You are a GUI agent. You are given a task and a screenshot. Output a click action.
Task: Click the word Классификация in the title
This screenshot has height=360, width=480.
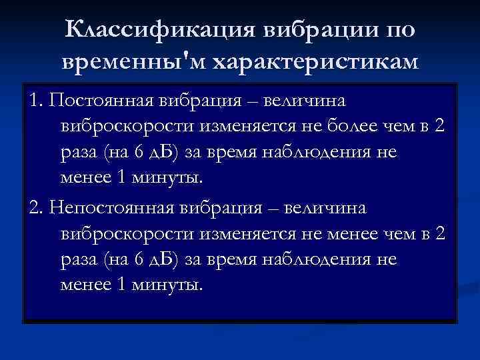click(x=161, y=31)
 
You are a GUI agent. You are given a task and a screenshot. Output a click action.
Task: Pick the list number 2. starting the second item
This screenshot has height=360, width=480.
click(x=36, y=208)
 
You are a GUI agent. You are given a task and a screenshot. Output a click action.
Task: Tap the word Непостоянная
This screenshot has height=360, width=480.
click(x=109, y=208)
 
